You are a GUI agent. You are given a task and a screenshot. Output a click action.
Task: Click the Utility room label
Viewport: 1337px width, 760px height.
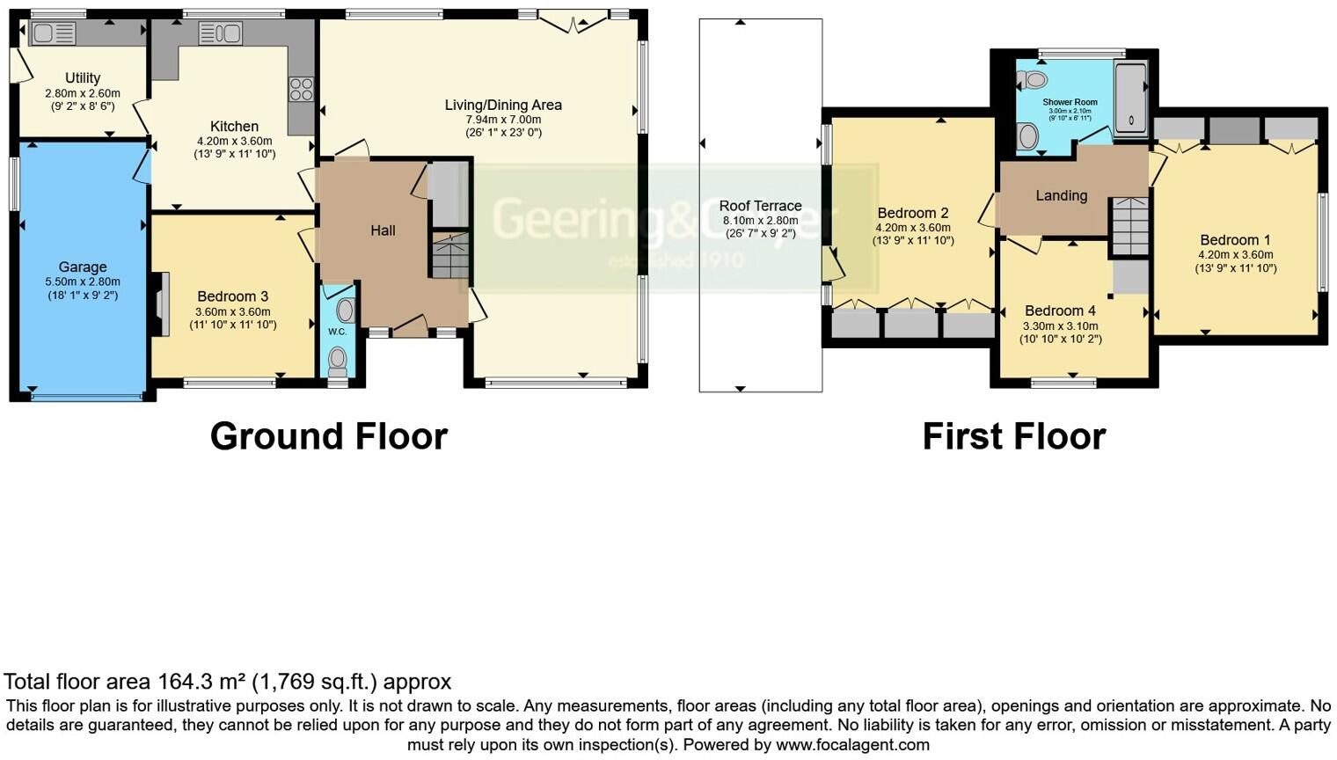[83, 78]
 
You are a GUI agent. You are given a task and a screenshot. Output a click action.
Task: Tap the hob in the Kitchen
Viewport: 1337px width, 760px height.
[301, 90]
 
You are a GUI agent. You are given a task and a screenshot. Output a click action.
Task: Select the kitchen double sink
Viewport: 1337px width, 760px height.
[220, 34]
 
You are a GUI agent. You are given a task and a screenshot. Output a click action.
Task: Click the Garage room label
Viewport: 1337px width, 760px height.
[83, 267]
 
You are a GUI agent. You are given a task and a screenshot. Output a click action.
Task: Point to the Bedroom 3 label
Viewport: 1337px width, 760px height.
[233, 297]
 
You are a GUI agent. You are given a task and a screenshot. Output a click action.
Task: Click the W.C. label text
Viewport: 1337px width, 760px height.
[337, 332]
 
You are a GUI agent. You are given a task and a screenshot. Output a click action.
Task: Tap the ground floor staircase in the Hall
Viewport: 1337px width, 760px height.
[450, 255]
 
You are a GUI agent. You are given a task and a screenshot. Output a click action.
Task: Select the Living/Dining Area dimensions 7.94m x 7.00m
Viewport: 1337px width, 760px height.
[503, 120]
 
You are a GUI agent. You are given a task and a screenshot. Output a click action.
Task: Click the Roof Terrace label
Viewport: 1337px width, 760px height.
[760, 206]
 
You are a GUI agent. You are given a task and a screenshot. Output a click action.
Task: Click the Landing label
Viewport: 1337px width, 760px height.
[1061, 195]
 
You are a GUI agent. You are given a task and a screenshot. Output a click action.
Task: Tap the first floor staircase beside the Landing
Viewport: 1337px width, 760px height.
[1130, 226]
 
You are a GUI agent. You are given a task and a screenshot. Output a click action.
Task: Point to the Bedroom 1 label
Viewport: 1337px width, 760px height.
[1235, 240]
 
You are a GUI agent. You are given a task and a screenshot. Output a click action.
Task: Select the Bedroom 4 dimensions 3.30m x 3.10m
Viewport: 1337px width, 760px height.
[1060, 325]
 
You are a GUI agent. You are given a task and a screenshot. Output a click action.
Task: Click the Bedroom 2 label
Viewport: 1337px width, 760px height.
[913, 213]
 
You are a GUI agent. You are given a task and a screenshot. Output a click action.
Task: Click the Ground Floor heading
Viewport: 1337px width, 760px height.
[328, 436]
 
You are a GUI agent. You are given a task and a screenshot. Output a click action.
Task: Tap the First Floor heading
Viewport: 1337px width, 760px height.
[1013, 436]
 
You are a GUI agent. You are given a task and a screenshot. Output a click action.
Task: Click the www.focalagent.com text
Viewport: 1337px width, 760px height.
[851, 745]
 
